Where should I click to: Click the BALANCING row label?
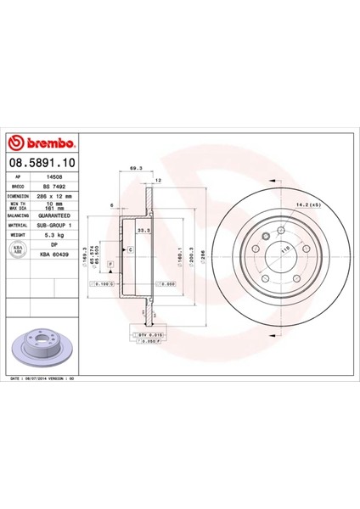pos(20,215)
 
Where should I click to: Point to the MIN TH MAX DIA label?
pos(20,205)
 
